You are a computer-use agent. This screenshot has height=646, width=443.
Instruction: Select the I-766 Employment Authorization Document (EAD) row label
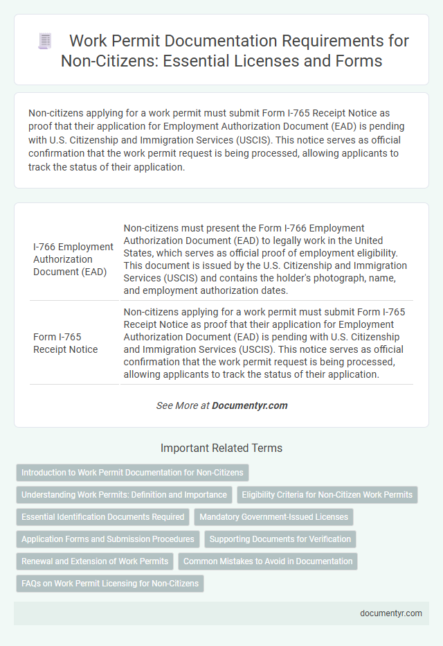pyautogui.click(x=73, y=259)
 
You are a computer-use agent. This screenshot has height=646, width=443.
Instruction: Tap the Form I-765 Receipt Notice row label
pyautogui.click(x=65, y=343)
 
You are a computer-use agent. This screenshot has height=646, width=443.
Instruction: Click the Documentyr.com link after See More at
pyautogui.click(x=250, y=405)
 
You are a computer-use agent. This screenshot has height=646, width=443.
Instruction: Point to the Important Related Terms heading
pyautogui.click(x=221, y=448)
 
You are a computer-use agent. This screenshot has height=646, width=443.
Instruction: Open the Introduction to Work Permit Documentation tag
pyautogui.click(x=132, y=473)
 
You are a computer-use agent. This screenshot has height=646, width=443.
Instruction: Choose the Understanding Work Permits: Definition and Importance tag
pyautogui.click(x=124, y=495)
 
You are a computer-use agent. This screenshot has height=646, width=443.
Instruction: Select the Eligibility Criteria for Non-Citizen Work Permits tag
pyautogui.click(x=327, y=495)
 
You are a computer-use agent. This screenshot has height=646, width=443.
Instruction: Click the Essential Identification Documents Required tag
pyautogui.click(x=103, y=516)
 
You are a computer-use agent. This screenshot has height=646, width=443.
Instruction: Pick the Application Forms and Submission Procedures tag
pyautogui.click(x=107, y=539)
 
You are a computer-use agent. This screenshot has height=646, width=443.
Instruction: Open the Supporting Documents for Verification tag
pyautogui.click(x=280, y=539)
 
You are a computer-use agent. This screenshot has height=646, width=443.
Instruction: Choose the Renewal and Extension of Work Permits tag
pyautogui.click(x=95, y=561)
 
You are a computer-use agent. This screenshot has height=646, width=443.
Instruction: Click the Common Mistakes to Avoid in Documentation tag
pyautogui.click(x=268, y=561)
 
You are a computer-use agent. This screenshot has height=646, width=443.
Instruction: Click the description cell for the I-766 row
pyautogui.click(x=266, y=259)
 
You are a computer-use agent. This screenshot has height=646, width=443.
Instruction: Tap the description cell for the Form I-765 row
pyautogui.click(x=266, y=343)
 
